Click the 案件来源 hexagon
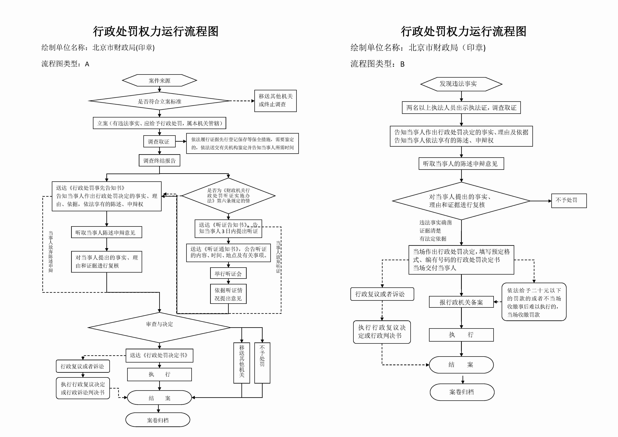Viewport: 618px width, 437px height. pos(159,80)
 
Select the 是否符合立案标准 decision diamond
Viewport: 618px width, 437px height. pos(159,101)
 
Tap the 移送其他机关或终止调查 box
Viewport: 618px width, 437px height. pos(275,101)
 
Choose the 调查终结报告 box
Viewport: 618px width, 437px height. pos(159,161)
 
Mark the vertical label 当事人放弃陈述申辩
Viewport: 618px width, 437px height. pos(51,252)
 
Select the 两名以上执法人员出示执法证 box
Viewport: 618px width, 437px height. pos(461,108)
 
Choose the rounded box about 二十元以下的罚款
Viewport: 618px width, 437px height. pos(534,302)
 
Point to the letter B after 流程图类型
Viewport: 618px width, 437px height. pos(402,64)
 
